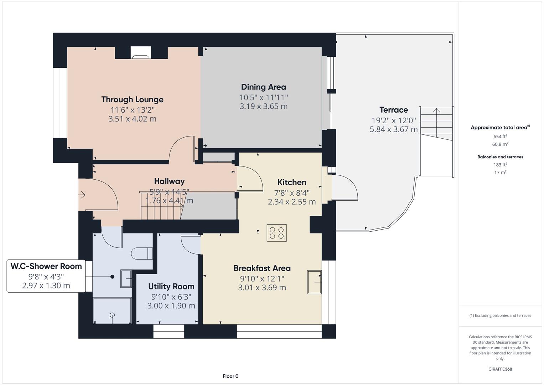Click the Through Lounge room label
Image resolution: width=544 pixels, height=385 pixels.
(132, 99)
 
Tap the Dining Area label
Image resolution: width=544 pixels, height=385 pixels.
(263, 87)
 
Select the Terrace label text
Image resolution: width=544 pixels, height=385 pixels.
(393, 110)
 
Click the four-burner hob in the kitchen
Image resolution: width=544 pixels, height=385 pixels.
(276, 233)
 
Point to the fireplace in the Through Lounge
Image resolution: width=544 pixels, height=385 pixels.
(141, 53)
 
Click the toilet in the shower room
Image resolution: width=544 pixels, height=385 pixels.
(141, 253)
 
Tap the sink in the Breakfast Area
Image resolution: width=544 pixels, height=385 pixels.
(314, 282)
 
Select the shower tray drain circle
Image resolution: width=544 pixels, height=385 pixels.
(113, 315)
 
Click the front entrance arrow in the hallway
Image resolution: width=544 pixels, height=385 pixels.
(82, 195)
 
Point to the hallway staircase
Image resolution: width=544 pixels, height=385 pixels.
(160, 207)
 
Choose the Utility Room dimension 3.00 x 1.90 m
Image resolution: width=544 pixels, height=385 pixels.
(171, 306)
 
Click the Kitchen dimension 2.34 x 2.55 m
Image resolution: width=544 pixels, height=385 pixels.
(292, 202)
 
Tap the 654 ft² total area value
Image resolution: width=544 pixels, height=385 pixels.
(500, 137)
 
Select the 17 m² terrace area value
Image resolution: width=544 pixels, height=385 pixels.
(500, 173)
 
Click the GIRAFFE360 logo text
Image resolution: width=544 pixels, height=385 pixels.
(500, 369)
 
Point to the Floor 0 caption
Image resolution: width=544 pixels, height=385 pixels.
(230, 376)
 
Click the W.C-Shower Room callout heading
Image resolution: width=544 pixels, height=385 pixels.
(46, 266)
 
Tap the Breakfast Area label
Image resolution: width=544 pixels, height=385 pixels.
(262, 268)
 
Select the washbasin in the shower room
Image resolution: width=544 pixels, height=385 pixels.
(126, 278)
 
